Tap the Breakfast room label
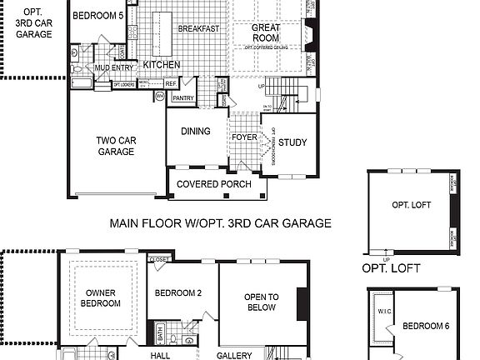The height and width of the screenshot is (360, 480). click(198, 28)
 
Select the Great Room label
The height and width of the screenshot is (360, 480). click(266, 32)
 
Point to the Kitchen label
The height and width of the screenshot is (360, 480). click(162, 64)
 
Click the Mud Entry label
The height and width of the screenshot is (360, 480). click(112, 67)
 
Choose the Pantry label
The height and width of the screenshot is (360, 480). click(183, 98)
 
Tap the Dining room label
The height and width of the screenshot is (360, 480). click(196, 131)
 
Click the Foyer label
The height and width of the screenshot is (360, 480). click(244, 137)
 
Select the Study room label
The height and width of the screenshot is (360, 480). click(292, 142)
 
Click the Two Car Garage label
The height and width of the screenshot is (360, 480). click(116, 147)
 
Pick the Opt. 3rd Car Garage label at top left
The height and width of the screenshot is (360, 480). click(32, 23)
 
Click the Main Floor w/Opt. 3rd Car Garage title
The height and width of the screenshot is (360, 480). click(220, 223)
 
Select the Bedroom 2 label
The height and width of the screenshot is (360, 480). click(179, 292)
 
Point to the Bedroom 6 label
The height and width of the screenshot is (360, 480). click(425, 325)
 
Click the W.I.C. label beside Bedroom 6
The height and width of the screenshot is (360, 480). click(383, 312)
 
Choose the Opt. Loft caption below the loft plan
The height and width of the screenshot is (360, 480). click(391, 268)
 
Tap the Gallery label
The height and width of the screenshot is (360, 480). click(234, 355)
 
